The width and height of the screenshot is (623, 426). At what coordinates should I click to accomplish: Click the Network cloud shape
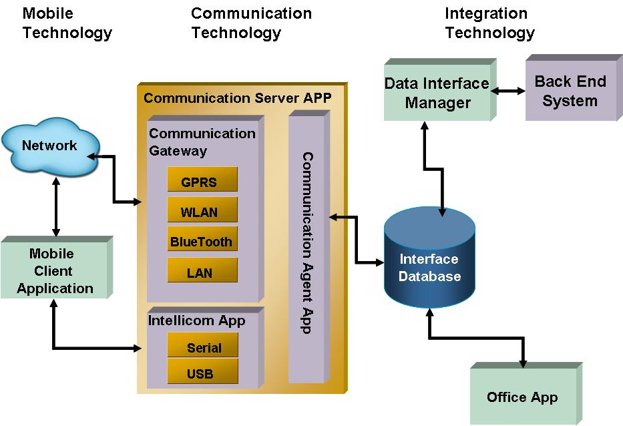coord(49,146)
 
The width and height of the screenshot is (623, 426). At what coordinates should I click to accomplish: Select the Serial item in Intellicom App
coord(204,348)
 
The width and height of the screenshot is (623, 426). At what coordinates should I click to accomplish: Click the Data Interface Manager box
coord(437,93)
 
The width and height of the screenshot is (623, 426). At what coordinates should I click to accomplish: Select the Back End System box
coord(570,91)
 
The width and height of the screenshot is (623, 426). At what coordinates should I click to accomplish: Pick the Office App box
coord(522,397)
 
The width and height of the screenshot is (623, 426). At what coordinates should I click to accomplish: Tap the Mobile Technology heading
coord(67,23)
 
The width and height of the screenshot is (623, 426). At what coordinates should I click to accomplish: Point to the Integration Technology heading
coord(489,23)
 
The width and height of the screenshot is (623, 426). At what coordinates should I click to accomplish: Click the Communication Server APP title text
coord(238,97)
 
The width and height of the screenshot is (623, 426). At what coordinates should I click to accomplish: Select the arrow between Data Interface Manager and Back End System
coord(507,89)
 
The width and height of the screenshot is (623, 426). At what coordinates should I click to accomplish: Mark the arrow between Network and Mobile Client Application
coord(56,206)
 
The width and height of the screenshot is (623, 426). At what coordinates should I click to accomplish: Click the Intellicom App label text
coord(197,321)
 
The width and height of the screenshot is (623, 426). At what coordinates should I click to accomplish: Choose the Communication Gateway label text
coord(202,142)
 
